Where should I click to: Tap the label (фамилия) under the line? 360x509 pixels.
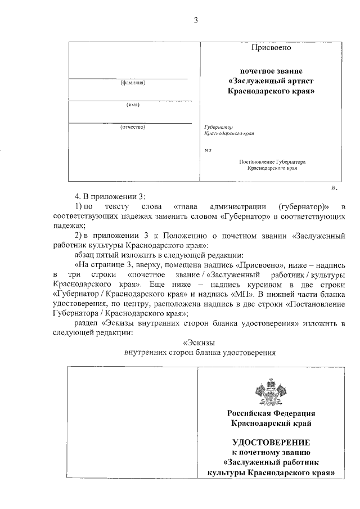click(133, 84)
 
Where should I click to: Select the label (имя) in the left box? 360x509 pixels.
click(133, 105)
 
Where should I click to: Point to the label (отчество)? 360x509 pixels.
click(133, 127)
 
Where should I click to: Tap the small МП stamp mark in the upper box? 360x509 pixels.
click(208, 150)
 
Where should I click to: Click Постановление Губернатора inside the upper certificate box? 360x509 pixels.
click(272, 161)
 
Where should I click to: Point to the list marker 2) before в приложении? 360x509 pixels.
click(79, 236)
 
